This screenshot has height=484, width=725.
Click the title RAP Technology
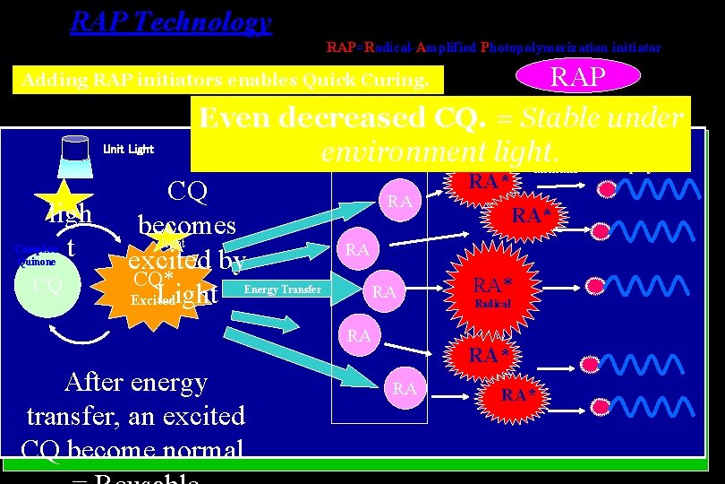[x=170, y=22]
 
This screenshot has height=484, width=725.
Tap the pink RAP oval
[x=577, y=76]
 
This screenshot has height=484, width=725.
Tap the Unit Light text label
[x=129, y=149]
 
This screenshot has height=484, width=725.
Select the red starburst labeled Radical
[x=491, y=292]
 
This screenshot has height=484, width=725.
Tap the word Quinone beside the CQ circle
[x=38, y=263]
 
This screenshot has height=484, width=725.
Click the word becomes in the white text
[x=186, y=225]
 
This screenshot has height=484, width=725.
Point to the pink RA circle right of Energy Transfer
[x=384, y=292]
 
